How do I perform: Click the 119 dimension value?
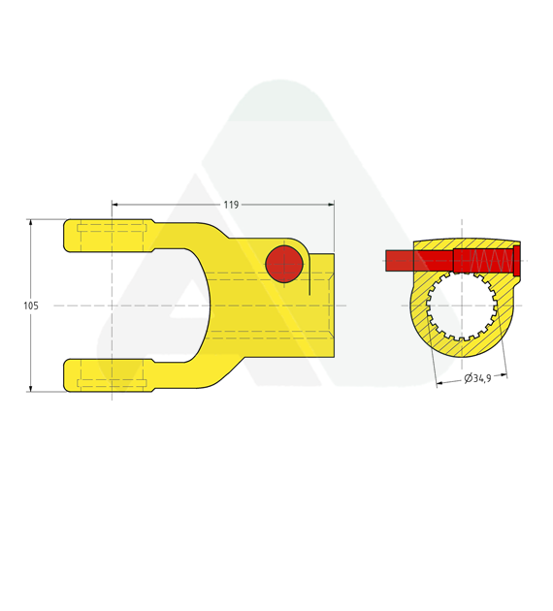click(231, 205)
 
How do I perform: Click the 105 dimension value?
click(31, 305)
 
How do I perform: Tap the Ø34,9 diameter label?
click(477, 378)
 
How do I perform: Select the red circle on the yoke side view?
click(284, 264)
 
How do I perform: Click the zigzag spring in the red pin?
click(491, 260)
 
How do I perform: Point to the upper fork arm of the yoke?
click(109, 236)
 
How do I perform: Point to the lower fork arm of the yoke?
click(109, 375)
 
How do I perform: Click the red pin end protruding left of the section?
click(400, 261)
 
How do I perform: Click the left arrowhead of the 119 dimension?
click(114, 205)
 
